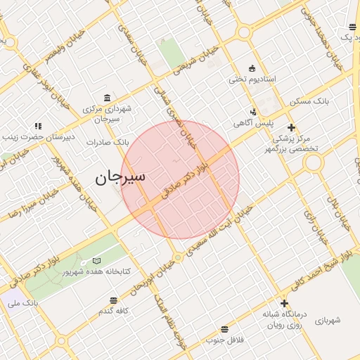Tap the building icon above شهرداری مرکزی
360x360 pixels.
[107, 98]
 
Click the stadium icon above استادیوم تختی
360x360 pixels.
[252, 67]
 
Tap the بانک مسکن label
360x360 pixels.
[309, 102]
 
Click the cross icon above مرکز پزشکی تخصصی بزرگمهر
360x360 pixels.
[291, 127]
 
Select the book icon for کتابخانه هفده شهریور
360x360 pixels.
[97, 261]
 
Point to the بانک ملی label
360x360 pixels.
[22, 303]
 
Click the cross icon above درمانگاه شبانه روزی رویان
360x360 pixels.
[284, 304]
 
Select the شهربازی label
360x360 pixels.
[327, 321]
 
